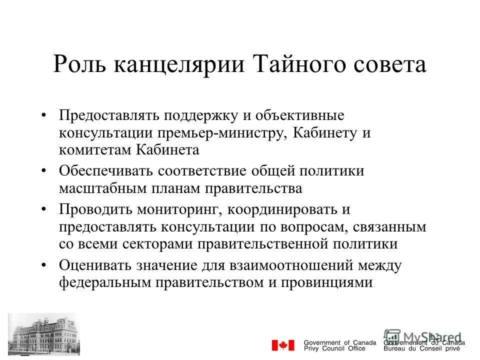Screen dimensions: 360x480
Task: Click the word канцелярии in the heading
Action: pos(178,66)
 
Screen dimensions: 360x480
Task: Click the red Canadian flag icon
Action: pos(283,345)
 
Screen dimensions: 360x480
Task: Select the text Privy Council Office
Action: pos(334,348)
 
